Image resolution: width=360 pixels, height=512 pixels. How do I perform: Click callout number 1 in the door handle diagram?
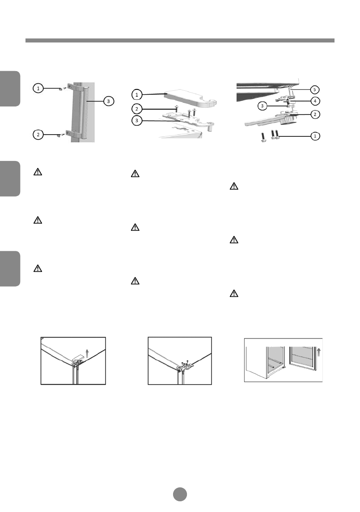(38, 89)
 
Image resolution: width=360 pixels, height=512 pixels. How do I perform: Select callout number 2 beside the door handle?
(38, 133)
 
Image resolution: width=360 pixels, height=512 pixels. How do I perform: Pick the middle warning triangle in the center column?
(134, 228)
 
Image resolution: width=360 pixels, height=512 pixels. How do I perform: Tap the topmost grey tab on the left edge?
(10, 89)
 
